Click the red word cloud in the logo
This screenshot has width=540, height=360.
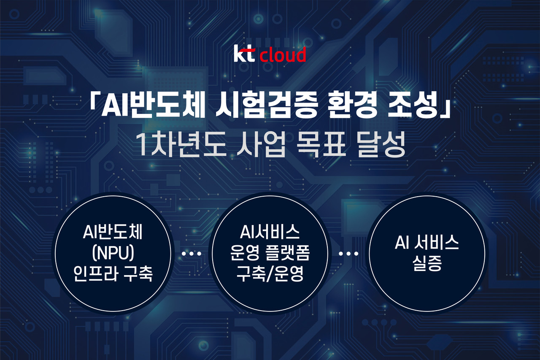283,56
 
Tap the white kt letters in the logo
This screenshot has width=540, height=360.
244,55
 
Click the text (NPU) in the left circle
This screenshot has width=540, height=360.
113,255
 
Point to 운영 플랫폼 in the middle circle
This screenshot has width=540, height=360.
270,254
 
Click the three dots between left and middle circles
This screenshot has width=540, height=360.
191,254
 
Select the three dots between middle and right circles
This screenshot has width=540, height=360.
348,254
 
